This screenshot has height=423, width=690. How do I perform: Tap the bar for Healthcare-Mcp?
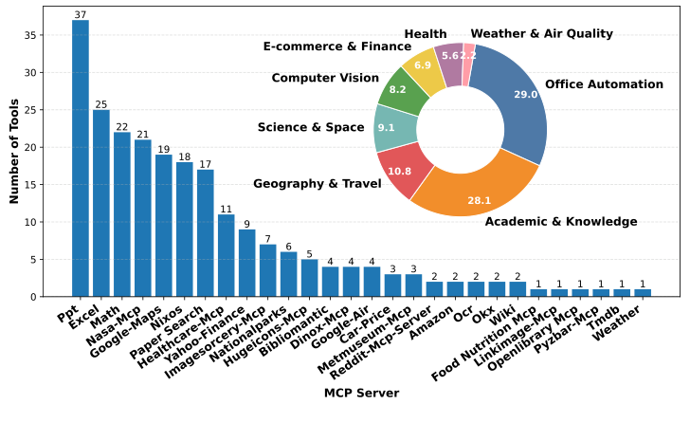pos(227,256)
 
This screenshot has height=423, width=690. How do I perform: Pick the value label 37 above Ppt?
pos(81,14)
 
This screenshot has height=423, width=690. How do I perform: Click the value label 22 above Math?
pos(122,126)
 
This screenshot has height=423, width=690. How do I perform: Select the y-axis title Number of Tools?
pos(15,152)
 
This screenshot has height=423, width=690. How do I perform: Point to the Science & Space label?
pos(311,127)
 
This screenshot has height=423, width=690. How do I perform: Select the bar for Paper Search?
pos(206,233)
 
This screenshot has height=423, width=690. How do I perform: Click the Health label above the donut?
pos(425,33)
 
